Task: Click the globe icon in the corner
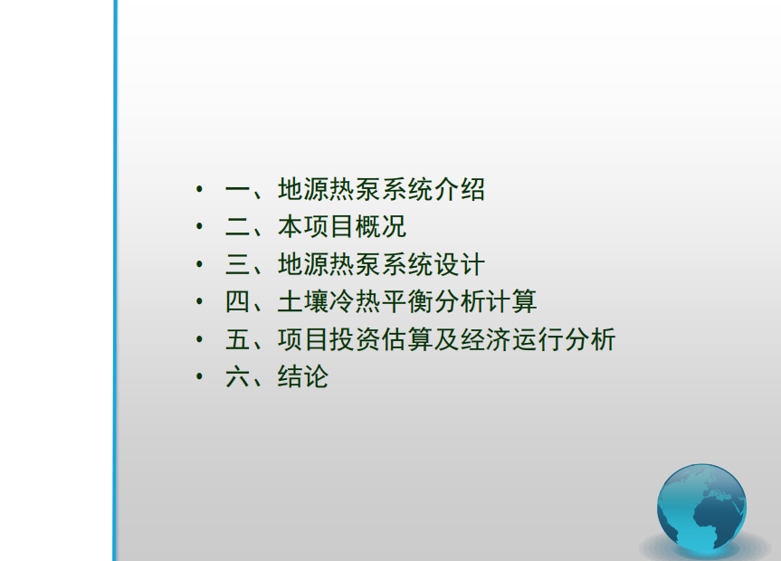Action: click(x=701, y=509)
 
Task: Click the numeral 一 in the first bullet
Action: click(x=238, y=190)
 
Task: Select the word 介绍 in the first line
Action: click(x=459, y=189)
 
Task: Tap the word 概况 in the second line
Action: click(x=381, y=227)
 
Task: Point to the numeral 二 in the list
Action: click(x=238, y=227)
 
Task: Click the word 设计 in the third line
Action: click(x=459, y=264)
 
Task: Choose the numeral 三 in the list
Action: click(x=238, y=264)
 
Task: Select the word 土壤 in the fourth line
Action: click(x=303, y=301)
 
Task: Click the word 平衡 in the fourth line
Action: click(x=407, y=301)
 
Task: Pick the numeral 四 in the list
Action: click(x=238, y=302)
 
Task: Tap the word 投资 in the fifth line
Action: click(x=355, y=339)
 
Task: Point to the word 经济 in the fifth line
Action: click(x=485, y=339)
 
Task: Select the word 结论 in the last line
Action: click(x=303, y=376)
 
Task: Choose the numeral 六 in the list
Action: click(x=238, y=377)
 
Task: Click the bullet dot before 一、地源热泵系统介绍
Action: click(x=200, y=189)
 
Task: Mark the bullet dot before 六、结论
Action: click(x=200, y=376)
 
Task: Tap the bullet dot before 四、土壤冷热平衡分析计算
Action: click(x=200, y=301)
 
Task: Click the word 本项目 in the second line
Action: click(x=316, y=227)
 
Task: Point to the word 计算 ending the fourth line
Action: click(x=511, y=301)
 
